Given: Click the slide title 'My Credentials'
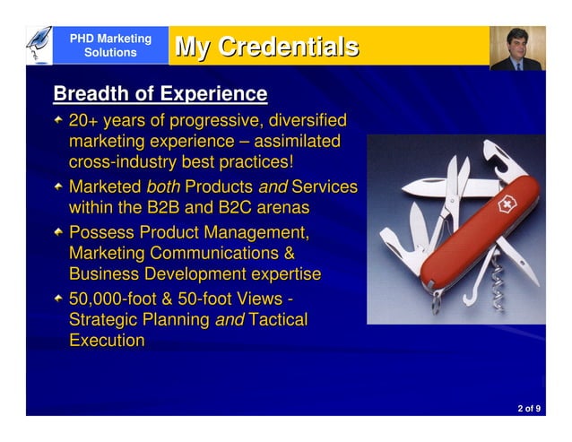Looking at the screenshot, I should [266, 47].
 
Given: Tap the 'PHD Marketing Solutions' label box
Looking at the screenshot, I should [110, 46].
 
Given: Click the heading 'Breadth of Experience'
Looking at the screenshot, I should [160, 93].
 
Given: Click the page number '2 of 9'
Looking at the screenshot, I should [528, 408].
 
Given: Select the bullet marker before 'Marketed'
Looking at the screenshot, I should [58, 186].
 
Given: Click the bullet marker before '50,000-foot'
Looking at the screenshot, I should [58, 299].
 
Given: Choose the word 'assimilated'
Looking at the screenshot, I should [298, 141].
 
